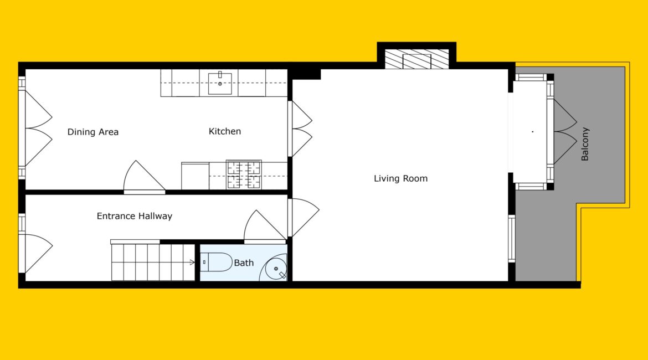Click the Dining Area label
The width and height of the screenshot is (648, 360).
click(93, 132)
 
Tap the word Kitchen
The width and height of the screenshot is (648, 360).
click(225, 131)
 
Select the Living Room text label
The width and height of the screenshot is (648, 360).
click(400, 178)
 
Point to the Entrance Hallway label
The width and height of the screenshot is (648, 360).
click(135, 216)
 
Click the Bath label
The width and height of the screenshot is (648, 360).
click(244, 263)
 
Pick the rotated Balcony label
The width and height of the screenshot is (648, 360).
click(585, 144)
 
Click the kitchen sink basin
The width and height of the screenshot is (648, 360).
click(220, 83)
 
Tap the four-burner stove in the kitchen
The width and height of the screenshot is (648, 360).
click(244, 175)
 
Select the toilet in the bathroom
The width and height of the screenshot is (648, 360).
click(216, 263)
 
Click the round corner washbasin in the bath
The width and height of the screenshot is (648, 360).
click(275, 269)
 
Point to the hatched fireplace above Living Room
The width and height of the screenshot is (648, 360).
click(416, 59)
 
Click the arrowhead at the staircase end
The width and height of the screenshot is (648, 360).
click(192, 263)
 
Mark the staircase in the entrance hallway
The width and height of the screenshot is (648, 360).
click(153, 263)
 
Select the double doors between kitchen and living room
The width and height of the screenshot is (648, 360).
click(300, 129)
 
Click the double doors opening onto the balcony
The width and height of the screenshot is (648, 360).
click(562, 132)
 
